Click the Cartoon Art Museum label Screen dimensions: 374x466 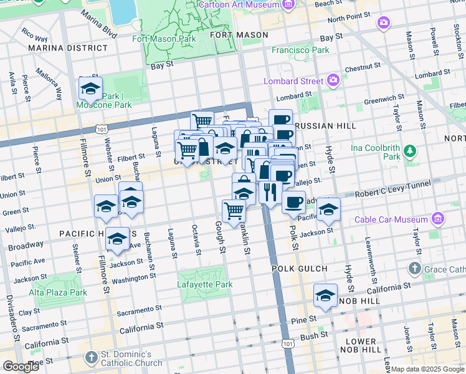point(238,6)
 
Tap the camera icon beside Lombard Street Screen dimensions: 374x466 point(333,80)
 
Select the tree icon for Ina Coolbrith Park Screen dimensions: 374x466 point(410,150)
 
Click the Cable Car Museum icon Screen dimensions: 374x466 point(438,219)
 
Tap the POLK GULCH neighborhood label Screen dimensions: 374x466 point(300,269)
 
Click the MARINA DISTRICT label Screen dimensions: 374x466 point(67,47)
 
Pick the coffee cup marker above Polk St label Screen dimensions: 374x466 point(293,202)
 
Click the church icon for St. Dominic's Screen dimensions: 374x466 point(92,358)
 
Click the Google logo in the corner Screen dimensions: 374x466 point(21,367)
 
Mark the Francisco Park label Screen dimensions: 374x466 point(300,50)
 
